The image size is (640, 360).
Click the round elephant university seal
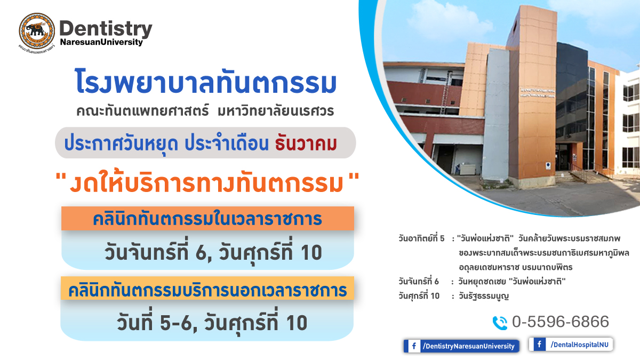(x=37, y=31)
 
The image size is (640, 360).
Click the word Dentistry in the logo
(x=106, y=29)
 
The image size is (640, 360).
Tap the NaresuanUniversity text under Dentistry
(x=101, y=42)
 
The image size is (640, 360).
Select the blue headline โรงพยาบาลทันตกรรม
(x=206, y=82)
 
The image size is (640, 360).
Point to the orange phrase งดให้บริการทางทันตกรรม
(x=206, y=183)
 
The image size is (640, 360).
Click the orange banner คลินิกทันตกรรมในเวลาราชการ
(x=207, y=218)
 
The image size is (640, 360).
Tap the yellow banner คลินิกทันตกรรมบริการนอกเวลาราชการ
(x=207, y=289)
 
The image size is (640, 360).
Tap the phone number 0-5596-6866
(x=561, y=322)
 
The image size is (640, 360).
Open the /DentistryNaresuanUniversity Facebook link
(x=461, y=346)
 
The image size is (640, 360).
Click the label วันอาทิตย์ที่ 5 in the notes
(x=421, y=238)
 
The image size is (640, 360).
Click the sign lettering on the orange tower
(x=537, y=93)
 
